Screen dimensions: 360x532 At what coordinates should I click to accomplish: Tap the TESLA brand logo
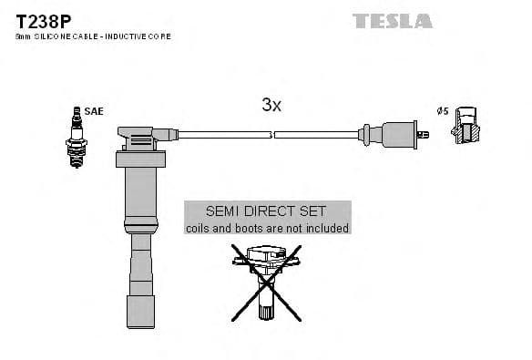[392, 20]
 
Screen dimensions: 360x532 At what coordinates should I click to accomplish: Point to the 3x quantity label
[271, 105]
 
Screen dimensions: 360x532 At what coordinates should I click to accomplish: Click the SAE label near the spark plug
[93, 111]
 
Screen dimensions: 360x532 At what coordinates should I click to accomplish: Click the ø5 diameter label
[442, 111]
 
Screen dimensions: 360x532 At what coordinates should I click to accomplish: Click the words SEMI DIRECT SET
[267, 211]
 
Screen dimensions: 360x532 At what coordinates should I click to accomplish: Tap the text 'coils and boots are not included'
[267, 228]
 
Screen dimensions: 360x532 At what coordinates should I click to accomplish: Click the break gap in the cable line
[272, 135]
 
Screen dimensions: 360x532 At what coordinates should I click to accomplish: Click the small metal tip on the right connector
[424, 136]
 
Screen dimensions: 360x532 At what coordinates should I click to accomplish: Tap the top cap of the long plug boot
[138, 138]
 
